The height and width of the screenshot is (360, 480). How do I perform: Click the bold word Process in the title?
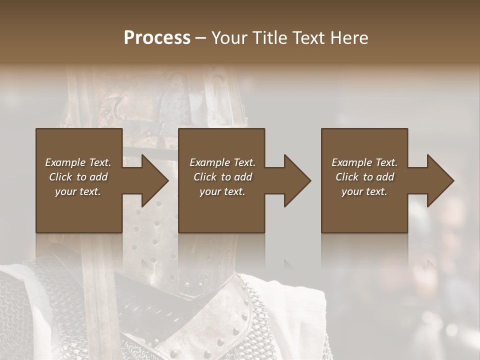(x=157, y=38)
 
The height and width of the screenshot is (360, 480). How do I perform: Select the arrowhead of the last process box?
(x=439, y=180)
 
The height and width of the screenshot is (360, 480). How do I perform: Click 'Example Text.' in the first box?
(x=78, y=162)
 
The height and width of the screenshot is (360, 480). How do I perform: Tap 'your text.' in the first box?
(x=78, y=191)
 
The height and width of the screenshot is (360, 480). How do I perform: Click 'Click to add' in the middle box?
(x=222, y=177)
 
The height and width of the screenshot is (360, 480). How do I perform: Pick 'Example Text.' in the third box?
(x=364, y=162)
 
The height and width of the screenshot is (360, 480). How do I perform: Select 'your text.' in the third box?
(x=364, y=191)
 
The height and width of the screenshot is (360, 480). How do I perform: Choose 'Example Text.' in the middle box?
(x=222, y=162)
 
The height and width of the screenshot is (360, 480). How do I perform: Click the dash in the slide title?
(x=200, y=38)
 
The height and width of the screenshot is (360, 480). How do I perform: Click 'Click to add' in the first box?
(x=78, y=177)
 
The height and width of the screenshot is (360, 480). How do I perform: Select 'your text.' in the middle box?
(x=222, y=191)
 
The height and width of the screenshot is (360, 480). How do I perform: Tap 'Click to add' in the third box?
(x=364, y=177)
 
